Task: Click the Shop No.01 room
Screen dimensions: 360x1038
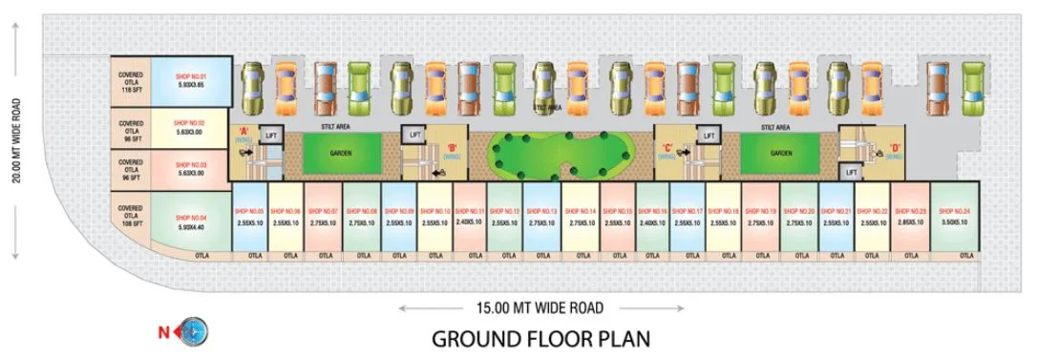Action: pos(190,80)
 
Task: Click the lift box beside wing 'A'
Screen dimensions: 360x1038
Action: pos(270,137)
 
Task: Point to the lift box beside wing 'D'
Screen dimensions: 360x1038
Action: pos(852,171)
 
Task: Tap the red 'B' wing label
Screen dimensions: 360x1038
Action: pos(451,149)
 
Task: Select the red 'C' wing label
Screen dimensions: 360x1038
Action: pos(668,149)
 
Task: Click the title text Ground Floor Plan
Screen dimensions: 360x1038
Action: pos(540,339)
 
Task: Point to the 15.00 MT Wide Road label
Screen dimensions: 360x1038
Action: pos(541,307)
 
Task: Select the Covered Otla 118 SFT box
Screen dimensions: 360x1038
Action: pos(131,80)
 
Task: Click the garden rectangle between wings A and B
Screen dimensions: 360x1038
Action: pos(342,153)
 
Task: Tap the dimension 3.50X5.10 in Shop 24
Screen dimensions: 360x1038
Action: pos(954,222)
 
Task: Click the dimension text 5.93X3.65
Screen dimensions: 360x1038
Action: pos(190,84)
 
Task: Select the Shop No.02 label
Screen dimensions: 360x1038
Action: pos(190,123)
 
